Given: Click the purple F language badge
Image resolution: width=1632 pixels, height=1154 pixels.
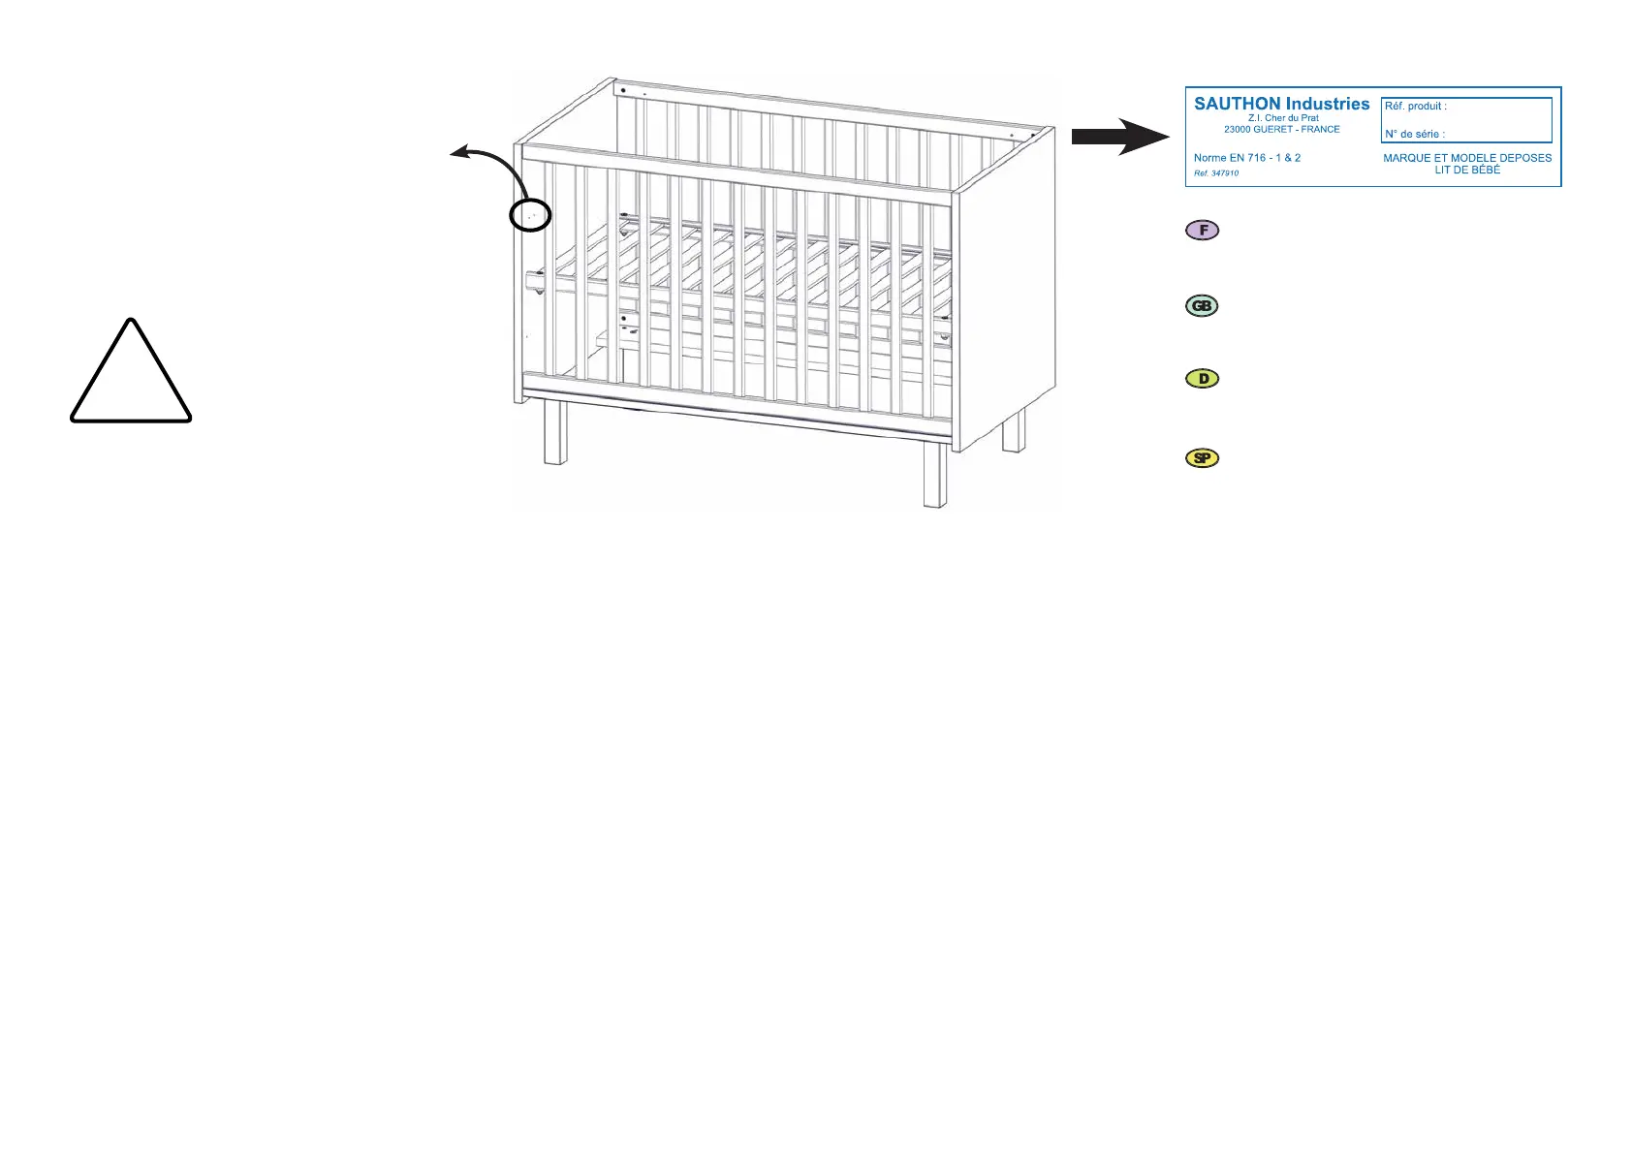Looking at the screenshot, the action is (x=1203, y=231).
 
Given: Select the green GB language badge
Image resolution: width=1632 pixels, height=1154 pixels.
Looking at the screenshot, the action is (x=1202, y=306).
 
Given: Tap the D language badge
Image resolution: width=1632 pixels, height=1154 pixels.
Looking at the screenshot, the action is (x=1203, y=379).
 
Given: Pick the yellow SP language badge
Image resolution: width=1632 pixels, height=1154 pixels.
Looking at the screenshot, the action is (x=1203, y=458).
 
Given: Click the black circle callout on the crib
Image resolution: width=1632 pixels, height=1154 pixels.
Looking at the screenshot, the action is (x=530, y=215).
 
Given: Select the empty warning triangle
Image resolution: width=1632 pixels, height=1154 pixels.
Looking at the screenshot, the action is (x=131, y=373).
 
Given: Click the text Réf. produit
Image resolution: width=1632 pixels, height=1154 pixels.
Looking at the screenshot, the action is (x=1415, y=107).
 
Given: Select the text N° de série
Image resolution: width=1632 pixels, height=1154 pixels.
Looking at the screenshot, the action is (x=1414, y=135).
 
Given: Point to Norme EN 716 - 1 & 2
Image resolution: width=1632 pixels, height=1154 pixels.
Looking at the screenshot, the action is (x=1246, y=158).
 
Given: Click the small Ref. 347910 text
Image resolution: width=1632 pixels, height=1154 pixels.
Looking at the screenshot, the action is (x=1215, y=173).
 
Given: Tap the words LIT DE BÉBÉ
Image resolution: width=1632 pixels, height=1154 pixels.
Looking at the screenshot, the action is (x=1467, y=171).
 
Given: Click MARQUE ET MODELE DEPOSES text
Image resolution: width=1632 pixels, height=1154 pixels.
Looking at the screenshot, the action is (x=1467, y=158).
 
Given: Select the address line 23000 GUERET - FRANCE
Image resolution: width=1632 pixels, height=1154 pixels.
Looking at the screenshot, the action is (x=1281, y=130).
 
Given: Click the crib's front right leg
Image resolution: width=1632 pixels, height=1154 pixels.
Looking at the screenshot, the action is (x=934, y=475).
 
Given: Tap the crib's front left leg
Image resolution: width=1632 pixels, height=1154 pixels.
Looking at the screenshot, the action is (x=554, y=432).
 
